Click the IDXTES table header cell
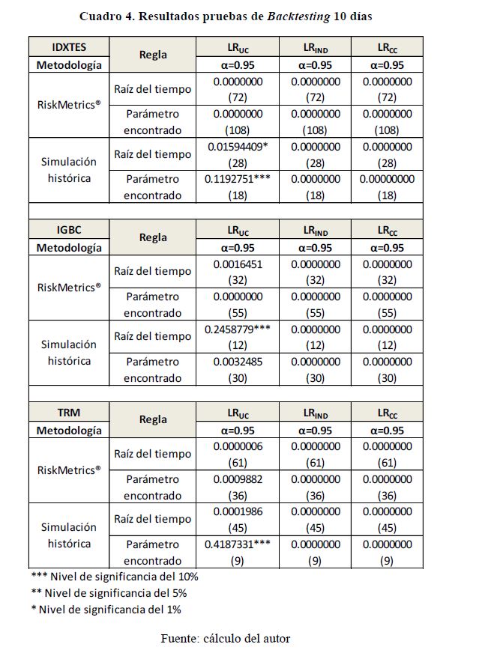(69, 46)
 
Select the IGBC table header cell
(69, 230)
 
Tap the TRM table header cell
(69, 413)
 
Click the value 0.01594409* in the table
(238, 147)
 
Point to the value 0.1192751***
(238, 180)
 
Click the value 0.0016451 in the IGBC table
(238, 264)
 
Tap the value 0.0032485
(238, 362)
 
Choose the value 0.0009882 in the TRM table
(238, 479)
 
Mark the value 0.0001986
(238, 512)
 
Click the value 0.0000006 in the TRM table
(238, 447)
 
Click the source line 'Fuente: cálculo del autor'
(226, 638)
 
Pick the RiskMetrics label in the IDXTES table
(69, 105)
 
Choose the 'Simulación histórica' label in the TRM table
(69, 535)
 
